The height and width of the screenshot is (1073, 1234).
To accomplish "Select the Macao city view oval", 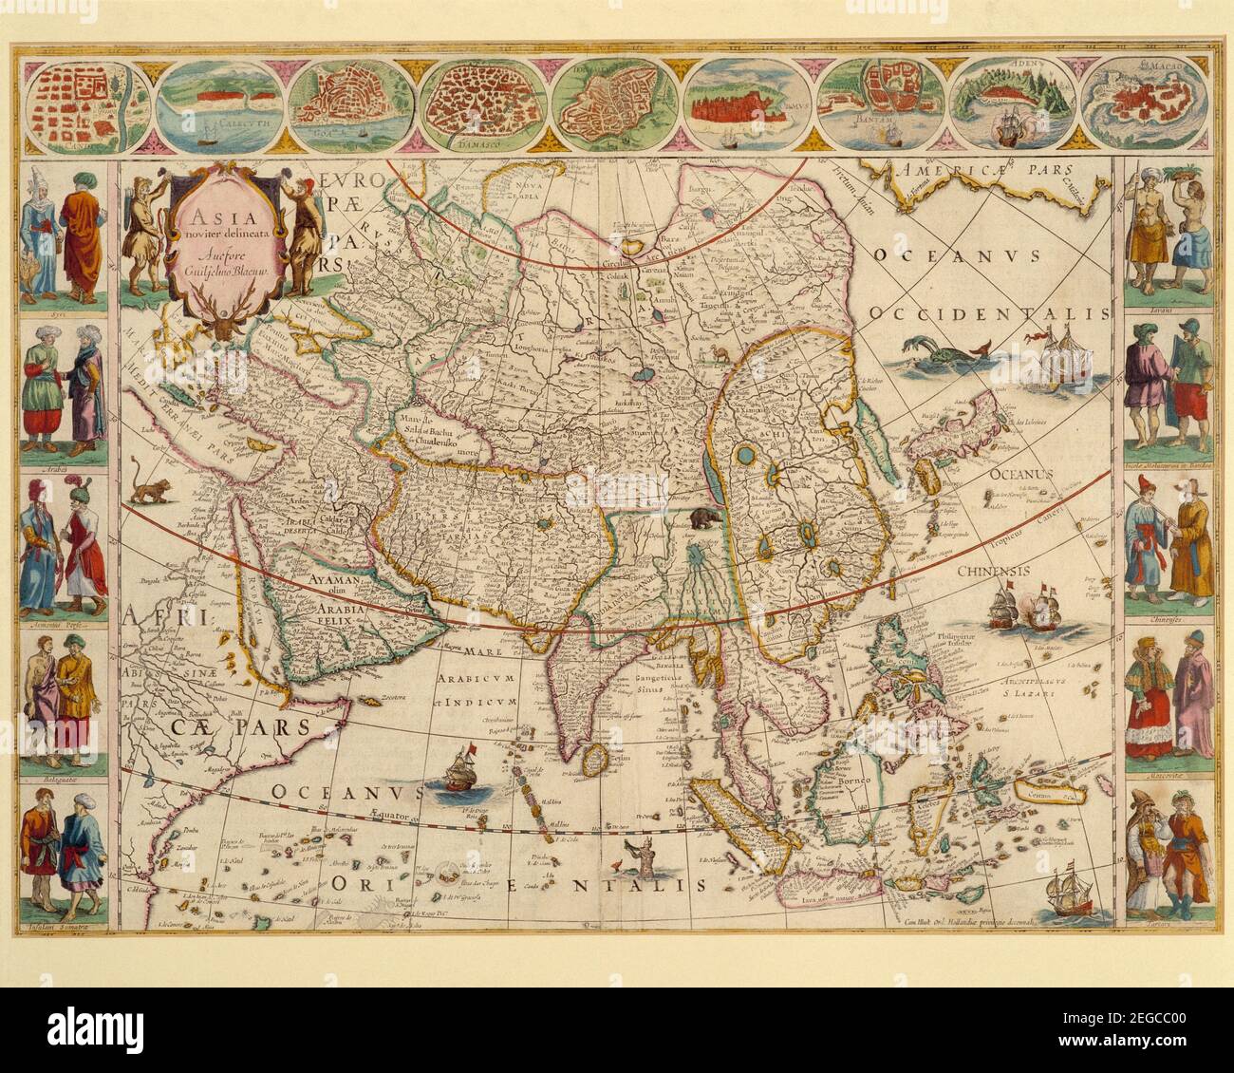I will (1150, 106).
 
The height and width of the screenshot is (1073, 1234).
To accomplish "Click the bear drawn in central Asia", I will (704, 518).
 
